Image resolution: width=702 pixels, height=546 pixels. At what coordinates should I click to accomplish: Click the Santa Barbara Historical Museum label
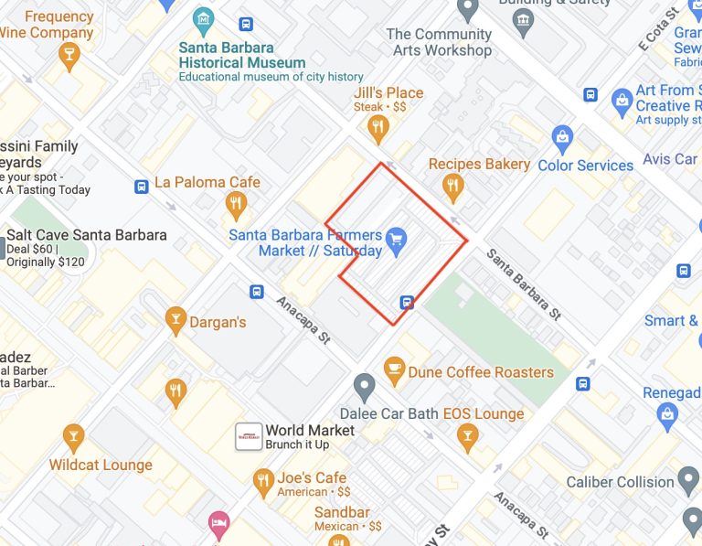tap(242, 55)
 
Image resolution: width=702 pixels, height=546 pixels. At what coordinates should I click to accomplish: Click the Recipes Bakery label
tap(479, 165)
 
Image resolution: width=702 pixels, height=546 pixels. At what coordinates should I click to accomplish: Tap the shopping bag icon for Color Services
tap(563, 140)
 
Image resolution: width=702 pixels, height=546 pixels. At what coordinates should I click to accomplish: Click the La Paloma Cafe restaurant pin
tap(237, 204)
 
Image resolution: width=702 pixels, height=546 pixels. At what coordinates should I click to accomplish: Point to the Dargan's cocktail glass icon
tap(175, 320)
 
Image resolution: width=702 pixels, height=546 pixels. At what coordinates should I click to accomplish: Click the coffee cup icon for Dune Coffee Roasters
tap(394, 370)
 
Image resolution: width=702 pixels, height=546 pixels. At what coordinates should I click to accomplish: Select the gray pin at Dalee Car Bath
tap(365, 387)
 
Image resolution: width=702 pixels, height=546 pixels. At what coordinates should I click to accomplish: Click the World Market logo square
tap(250, 436)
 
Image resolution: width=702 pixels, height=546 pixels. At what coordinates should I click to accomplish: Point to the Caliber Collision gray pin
tap(691, 480)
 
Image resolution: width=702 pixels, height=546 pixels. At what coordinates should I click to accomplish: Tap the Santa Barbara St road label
tap(524, 283)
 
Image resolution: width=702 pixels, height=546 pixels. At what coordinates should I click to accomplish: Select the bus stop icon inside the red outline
tap(407, 302)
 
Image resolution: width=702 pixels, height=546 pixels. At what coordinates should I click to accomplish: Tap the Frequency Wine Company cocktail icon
tap(68, 57)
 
